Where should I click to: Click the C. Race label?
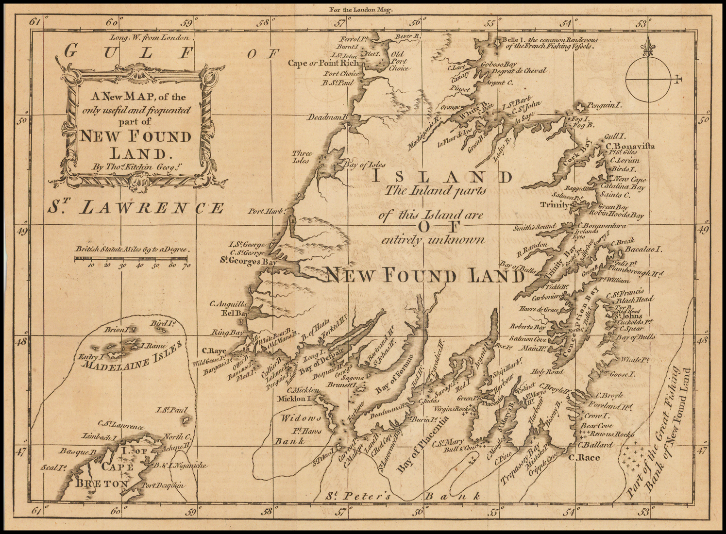[584, 457]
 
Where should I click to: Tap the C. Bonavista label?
[630, 146]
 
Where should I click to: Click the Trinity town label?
[555, 205]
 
